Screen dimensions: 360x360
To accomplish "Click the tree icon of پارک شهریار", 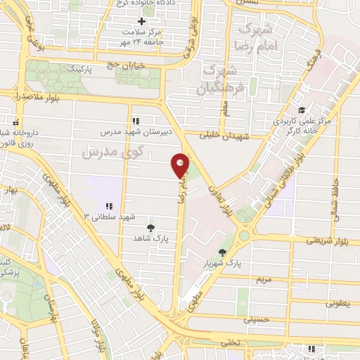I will click(223, 252).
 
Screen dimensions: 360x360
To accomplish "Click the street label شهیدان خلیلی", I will click(224, 134).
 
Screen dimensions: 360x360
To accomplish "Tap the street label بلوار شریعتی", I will click(325, 240).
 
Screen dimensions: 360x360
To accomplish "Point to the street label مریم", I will click(263, 279).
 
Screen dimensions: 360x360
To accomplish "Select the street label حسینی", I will click(256, 319).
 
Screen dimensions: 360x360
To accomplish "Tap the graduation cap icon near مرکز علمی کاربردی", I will click(302, 110).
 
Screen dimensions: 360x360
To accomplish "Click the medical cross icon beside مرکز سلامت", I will click(142, 21).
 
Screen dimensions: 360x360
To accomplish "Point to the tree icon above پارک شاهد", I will click(150, 227).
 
